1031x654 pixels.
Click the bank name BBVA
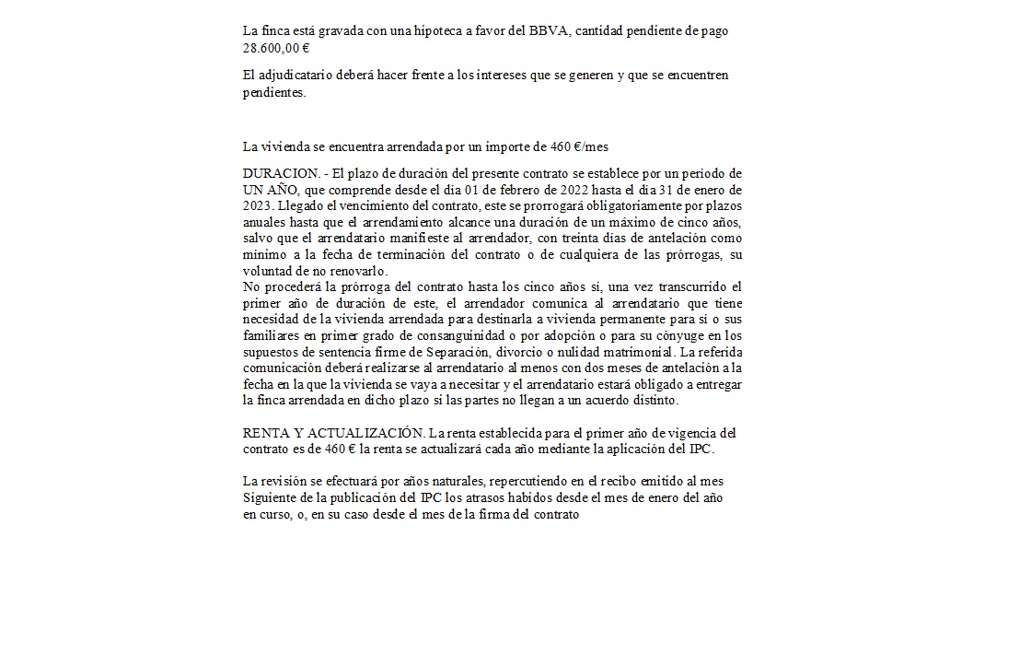click(x=572, y=31)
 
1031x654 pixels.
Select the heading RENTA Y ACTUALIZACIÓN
click(x=333, y=434)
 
